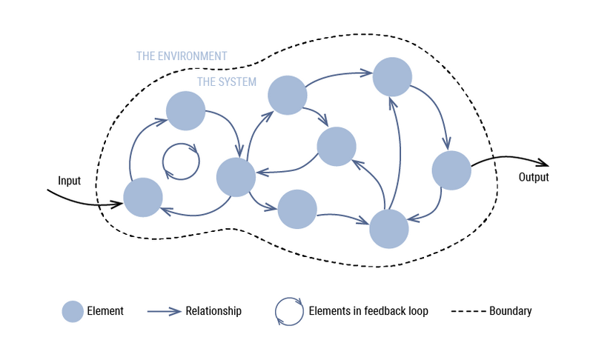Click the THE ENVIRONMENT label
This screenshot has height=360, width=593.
[x=182, y=56]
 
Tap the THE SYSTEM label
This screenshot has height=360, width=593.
[x=227, y=82]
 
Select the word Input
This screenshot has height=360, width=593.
[x=69, y=181]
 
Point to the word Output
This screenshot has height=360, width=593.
[x=534, y=178]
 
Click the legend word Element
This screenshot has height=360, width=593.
[x=105, y=311]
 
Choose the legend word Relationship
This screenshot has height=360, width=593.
[x=213, y=311]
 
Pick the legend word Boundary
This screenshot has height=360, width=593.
[x=510, y=311]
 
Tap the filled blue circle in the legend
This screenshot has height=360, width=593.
[x=73, y=311]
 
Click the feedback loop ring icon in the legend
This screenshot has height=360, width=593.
[x=288, y=311]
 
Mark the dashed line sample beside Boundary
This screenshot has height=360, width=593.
[x=468, y=311]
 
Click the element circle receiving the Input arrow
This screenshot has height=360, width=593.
[x=143, y=198]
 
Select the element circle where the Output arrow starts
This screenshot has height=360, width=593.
[x=451, y=170]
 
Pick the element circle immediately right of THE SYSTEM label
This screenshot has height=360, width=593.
[x=287, y=95]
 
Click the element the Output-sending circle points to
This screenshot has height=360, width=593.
[x=389, y=229]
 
